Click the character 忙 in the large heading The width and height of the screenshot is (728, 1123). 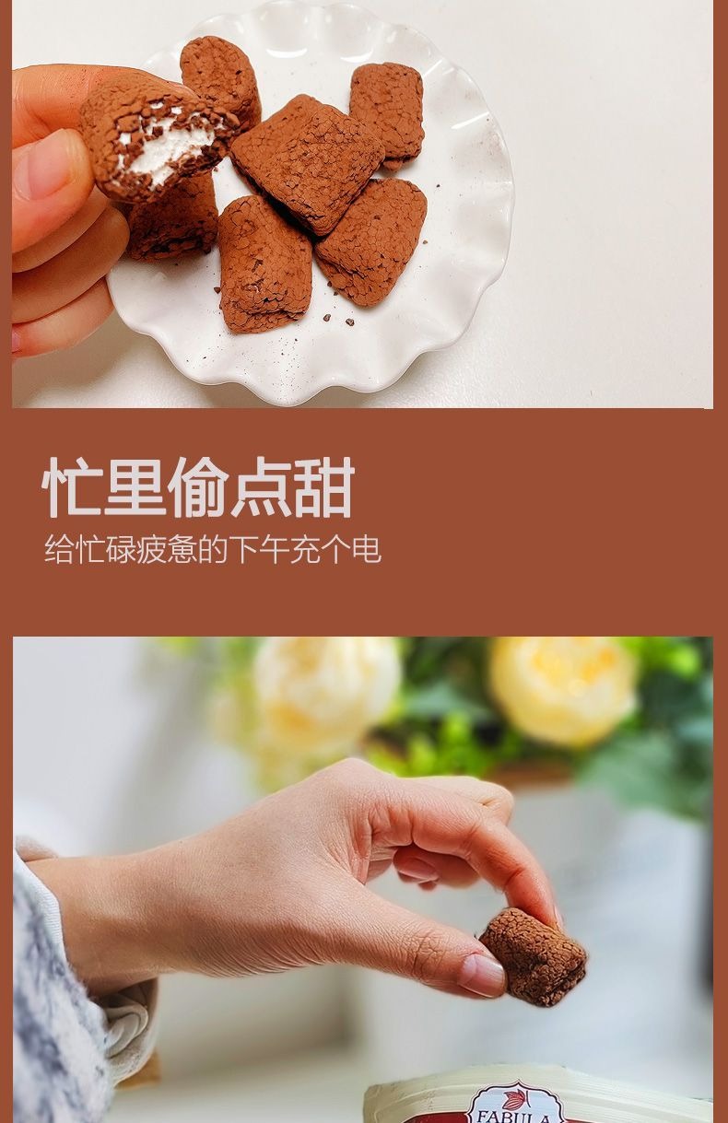coord(72,486)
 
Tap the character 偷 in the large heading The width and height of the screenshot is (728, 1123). coord(198,486)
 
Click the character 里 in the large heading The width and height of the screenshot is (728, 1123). coord(135,486)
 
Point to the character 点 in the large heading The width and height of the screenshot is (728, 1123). coord(261,486)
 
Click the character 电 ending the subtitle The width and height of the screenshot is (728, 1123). coord(367,549)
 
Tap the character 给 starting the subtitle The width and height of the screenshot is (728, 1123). coord(59,549)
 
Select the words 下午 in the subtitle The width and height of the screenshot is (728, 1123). coord(259,549)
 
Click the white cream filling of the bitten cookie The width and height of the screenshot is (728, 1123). coord(167,145)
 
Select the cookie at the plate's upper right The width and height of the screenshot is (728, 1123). coord(386,114)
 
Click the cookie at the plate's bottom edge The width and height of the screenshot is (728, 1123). coord(264,263)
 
